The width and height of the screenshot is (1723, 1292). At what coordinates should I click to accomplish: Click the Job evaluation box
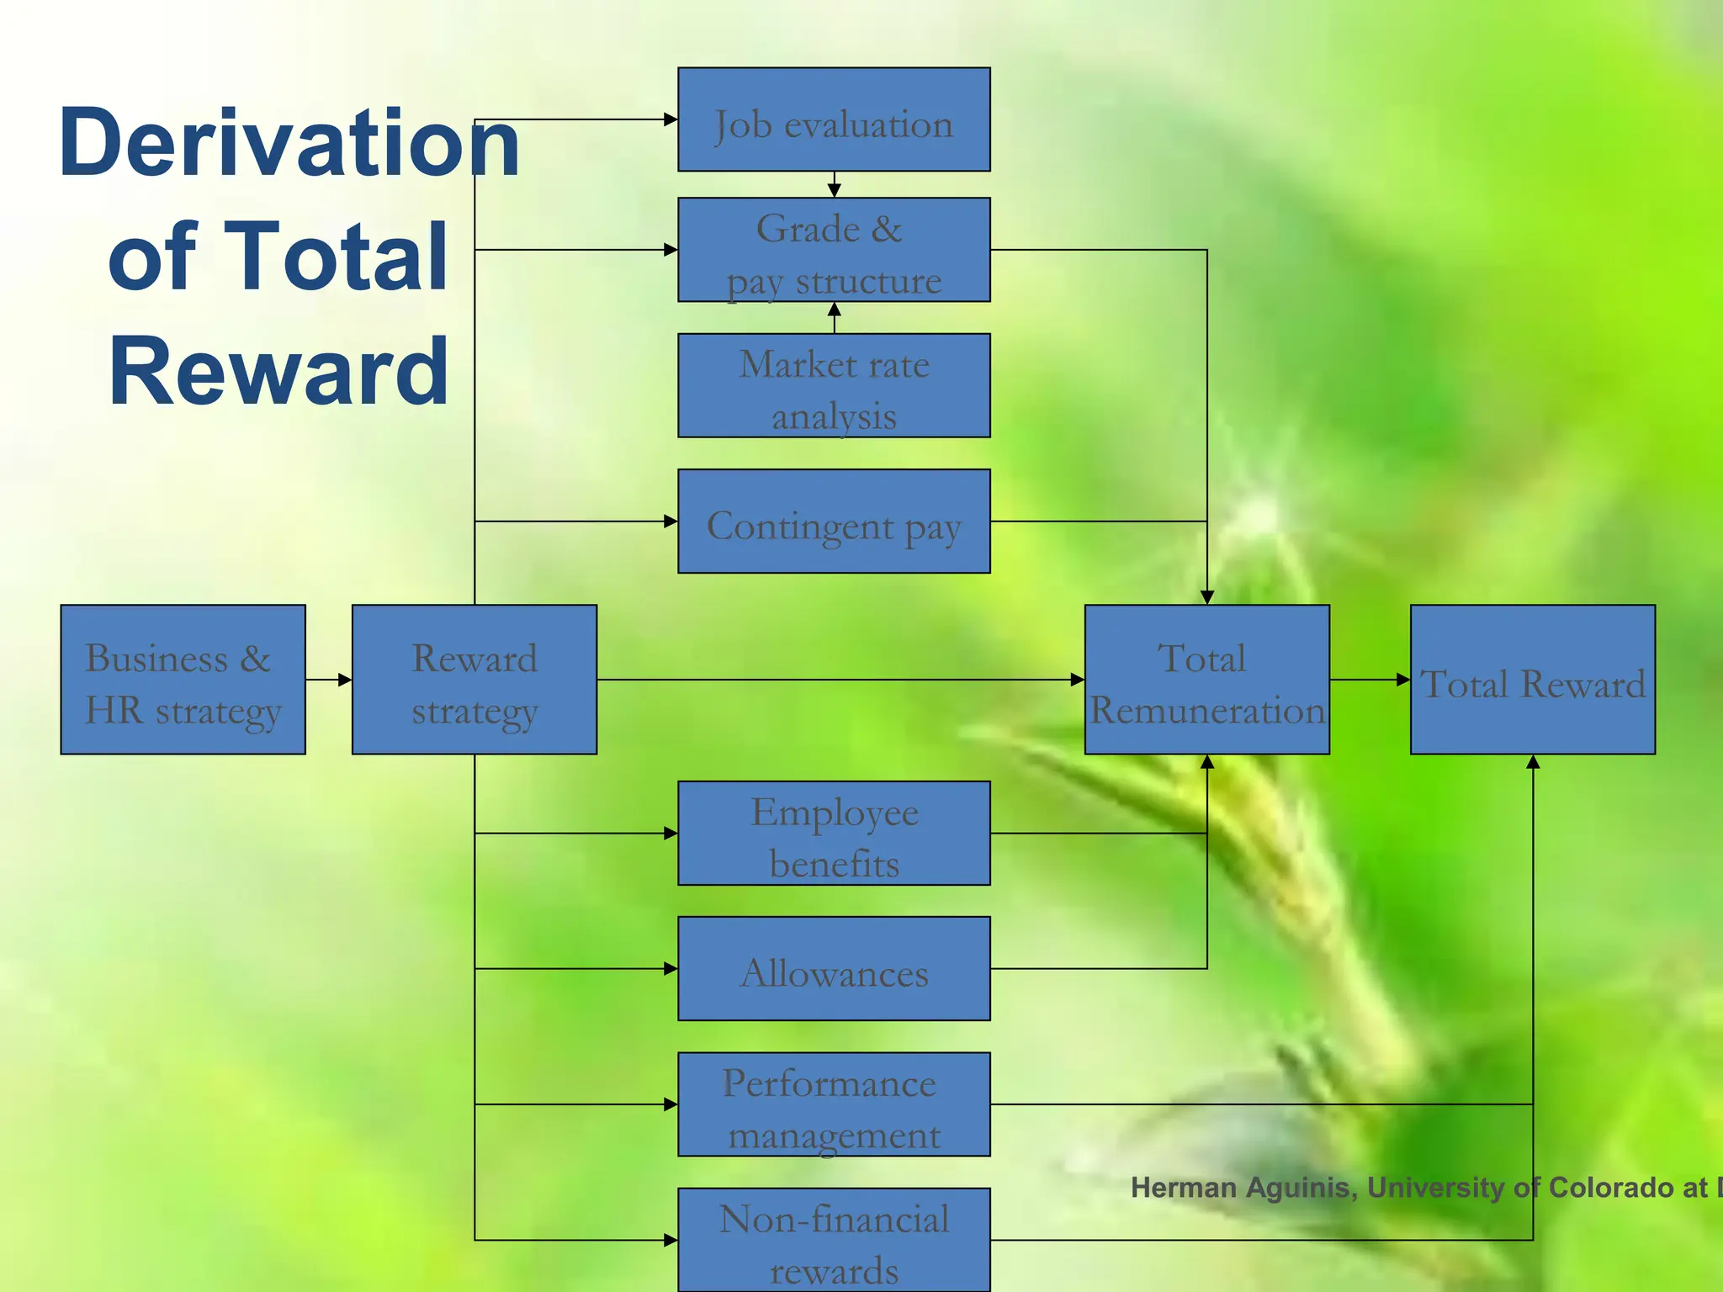[834, 119]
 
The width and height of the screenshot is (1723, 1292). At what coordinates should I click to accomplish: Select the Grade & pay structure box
[834, 250]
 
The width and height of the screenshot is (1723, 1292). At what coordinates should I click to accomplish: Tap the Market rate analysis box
[834, 386]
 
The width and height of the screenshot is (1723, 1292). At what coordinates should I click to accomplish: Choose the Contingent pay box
[834, 522]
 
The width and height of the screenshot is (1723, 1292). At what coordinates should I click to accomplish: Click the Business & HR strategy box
[183, 680]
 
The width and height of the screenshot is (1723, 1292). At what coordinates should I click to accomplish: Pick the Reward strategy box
[474, 680]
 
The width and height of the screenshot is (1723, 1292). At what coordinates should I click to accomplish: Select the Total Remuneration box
[1206, 680]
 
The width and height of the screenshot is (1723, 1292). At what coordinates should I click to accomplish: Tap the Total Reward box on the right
[1532, 680]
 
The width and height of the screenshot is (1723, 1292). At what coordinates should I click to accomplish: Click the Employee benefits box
[834, 834]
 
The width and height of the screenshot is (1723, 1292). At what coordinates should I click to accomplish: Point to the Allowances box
[834, 969]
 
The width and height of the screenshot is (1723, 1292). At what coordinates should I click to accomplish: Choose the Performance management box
[834, 1104]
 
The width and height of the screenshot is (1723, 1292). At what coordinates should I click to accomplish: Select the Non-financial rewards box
[834, 1240]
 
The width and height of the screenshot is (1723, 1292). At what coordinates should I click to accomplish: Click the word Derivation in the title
[289, 143]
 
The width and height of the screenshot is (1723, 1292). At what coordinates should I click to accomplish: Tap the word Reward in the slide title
[278, 371]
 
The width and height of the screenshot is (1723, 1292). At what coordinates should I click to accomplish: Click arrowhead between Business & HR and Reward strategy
[345, 680]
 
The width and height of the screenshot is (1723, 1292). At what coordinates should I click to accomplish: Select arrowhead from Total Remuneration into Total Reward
[1403, 680]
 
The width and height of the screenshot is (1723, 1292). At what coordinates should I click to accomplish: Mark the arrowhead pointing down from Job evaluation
[834, 191]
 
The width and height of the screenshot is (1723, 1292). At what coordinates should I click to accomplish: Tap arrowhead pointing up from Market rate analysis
[834, 310]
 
